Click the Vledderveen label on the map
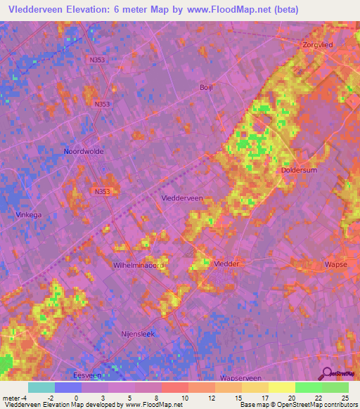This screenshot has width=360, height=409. click(181, 198)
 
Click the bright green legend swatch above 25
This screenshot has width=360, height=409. click(335, 387)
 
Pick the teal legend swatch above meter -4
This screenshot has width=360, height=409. click(41, 387)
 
